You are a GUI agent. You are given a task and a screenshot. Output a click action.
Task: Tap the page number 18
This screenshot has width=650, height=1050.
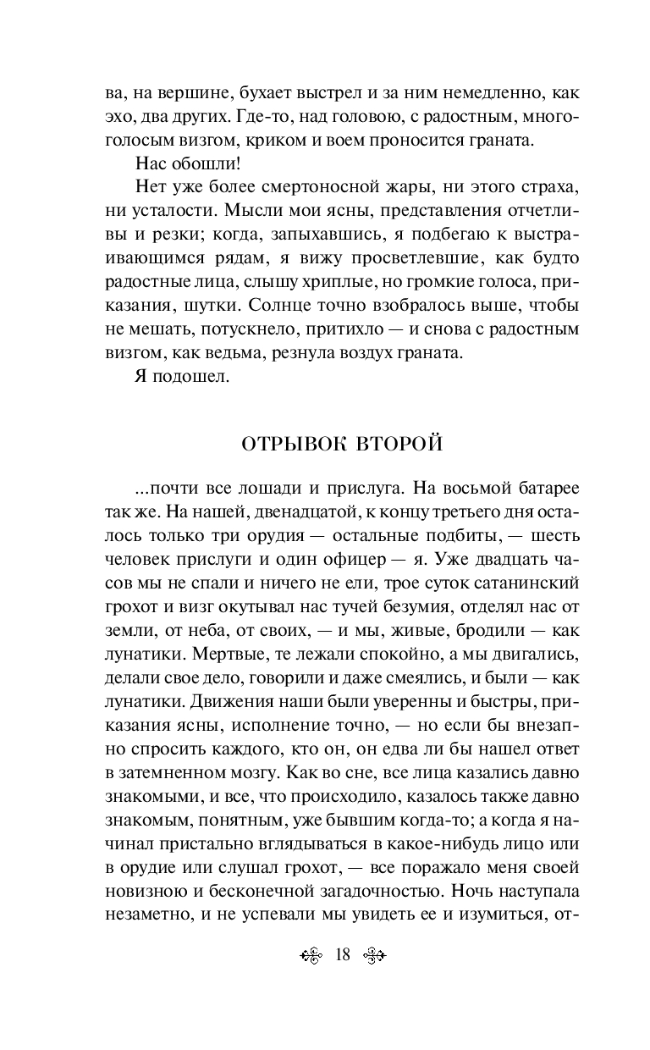[x=343, y=955]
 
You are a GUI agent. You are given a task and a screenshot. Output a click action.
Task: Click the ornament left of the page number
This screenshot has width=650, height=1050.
[x=312, y=955]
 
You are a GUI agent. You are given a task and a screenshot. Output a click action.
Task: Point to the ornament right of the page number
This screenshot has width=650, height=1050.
[x=373, y=955]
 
